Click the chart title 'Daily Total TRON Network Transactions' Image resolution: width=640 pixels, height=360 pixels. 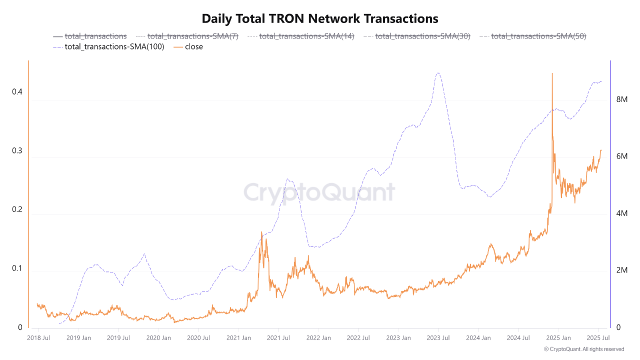320,19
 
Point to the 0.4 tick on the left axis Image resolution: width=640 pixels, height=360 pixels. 17,92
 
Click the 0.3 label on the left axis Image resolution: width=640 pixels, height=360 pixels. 17,151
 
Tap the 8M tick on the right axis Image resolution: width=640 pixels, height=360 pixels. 621,99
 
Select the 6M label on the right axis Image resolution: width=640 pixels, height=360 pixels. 621,156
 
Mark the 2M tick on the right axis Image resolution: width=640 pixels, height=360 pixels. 621,270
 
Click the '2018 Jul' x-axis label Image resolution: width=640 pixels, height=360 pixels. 38,338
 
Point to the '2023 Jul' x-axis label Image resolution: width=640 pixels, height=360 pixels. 438,338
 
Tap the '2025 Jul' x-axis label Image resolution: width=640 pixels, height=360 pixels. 598,338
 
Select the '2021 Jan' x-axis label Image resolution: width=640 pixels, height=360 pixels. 238,338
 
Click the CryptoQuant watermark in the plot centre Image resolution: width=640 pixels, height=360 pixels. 319,192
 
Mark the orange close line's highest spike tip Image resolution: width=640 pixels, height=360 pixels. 552,73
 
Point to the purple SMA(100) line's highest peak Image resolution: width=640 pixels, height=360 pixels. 438,73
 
